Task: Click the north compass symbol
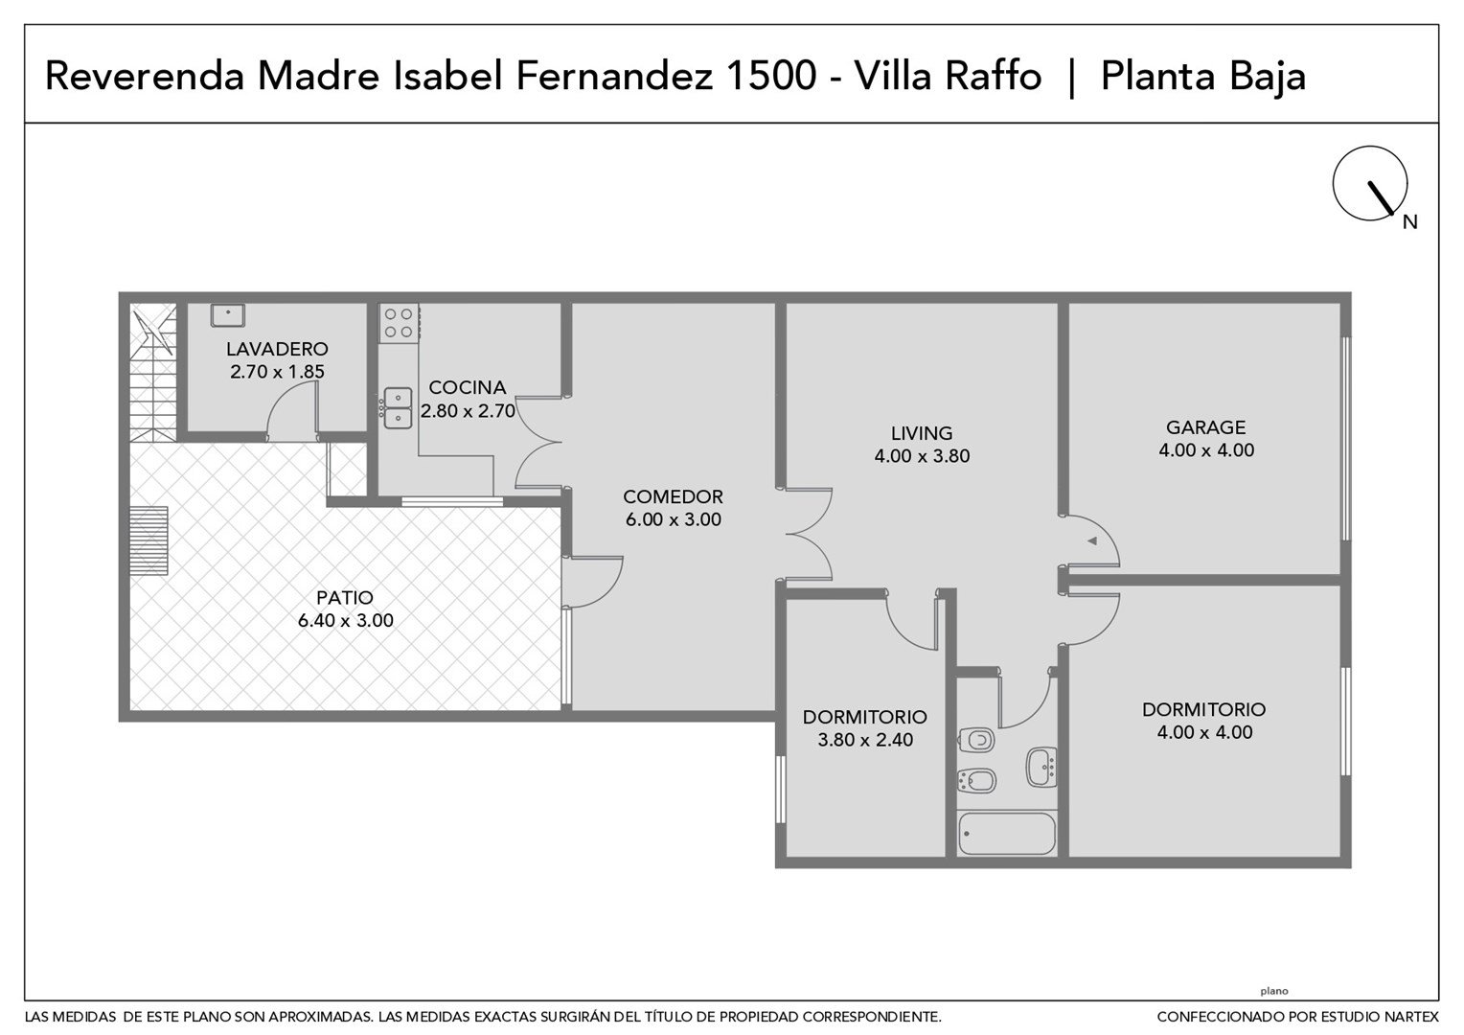[x=1369, y=183]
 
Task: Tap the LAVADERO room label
[x=277, y=349]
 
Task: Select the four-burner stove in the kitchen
[x=398, y=322]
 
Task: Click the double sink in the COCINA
[x=398, y=408]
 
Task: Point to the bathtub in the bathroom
[x=1006, y=833]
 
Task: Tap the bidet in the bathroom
[x=976, y=781]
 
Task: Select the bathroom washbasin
[x=1041, y=767]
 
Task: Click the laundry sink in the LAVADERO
[x=227, y=314]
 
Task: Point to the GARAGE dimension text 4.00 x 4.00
[x=1206, y=450]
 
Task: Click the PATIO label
[x=344, y=598]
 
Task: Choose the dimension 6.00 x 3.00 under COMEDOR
[x=674, y=519]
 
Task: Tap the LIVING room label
[x=922, y=433]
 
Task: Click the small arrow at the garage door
[x=1091, y=540]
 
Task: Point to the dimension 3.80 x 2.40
[x=865, y=740]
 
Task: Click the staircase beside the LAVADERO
[x=153, y=372]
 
